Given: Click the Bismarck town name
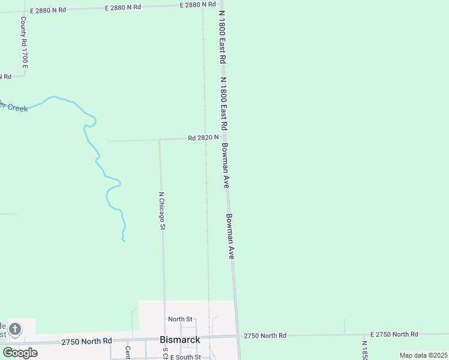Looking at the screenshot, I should tap(180, 339).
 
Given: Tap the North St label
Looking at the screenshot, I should tap(180, 319).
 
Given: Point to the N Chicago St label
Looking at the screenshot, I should tap(162, 211).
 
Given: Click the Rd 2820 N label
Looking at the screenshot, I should tap(203, 137).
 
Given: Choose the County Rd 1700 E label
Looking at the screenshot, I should tap(24, 42).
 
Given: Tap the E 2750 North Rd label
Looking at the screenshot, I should tap(394, 334).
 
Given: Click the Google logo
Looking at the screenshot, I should tap(20, 352).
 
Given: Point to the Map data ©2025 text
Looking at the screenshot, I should tap(423, 355).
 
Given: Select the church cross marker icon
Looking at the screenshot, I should tap(15, 329).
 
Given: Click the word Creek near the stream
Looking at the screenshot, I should tap(17, 108).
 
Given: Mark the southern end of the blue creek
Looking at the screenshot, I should tap(124, 241).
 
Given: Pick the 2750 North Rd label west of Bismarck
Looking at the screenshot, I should tap(86, 341).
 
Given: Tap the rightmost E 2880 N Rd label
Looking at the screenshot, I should tap(197, 5).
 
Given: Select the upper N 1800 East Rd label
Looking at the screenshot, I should tap(221, 37).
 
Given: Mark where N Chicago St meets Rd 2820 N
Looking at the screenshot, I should tap(159, 140).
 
